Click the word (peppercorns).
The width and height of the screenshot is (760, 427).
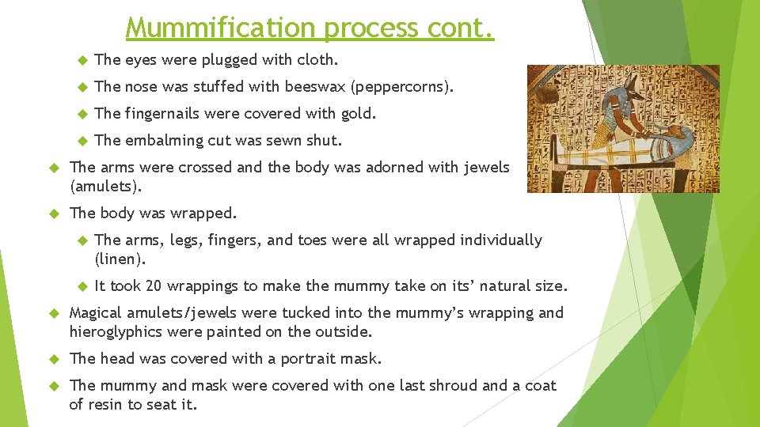coord(403,87)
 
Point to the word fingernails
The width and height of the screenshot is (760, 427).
coord(161,114)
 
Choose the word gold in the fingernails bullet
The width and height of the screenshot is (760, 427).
coord(358,113)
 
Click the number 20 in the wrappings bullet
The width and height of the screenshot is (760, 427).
coord(154,285)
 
